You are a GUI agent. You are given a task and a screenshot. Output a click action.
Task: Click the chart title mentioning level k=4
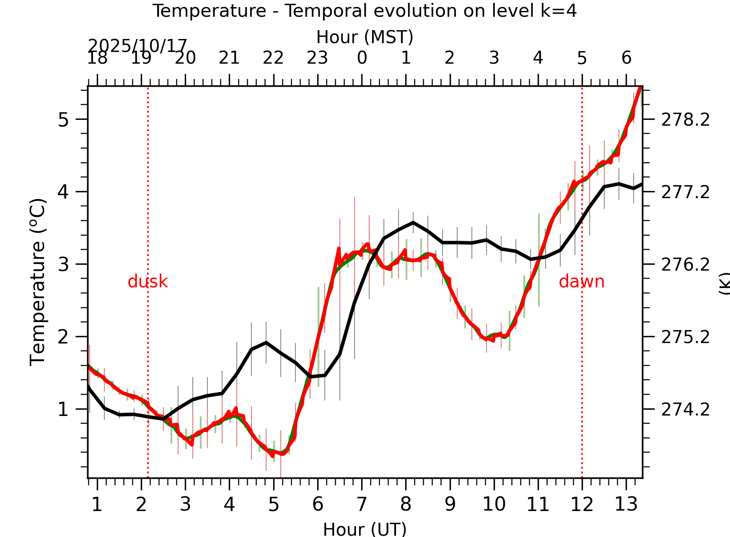tap(364, 11)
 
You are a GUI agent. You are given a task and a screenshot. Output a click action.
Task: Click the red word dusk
tap(148, 282)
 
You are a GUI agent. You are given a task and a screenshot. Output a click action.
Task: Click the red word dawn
tap(581, 282)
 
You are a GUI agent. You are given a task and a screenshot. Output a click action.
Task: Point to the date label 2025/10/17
tap(137, 46)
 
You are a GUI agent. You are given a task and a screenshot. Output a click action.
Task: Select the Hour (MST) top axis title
tap(365, 37)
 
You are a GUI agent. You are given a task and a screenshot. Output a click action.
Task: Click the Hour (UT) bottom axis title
tap(365, 529)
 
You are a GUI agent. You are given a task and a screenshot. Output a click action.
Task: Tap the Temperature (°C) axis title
tap(38, 282)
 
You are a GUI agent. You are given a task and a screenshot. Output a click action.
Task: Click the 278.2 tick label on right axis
tap(685, 120)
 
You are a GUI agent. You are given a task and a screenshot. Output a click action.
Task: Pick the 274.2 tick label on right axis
tap(685, 410)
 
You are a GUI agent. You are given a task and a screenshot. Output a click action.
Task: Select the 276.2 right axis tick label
tap(685, 265)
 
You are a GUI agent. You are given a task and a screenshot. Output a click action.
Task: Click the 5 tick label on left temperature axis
tap(63, 120)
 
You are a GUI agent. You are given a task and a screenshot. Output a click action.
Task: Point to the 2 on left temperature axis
tap(63, 337)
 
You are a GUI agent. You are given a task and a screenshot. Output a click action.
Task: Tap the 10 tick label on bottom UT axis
tap(494, 504)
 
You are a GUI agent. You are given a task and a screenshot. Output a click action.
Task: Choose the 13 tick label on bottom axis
tap(626, 504)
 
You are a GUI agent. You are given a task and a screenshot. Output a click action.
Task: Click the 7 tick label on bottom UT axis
tap(362, 504)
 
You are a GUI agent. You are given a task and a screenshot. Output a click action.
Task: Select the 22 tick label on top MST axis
tap(273, 58)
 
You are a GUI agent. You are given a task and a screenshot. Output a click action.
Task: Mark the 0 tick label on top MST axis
tap(362, 58)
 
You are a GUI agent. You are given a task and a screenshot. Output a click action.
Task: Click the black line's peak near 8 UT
tap(413, 222)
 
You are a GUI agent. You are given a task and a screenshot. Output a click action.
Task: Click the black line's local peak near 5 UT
tap(266, 343)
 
